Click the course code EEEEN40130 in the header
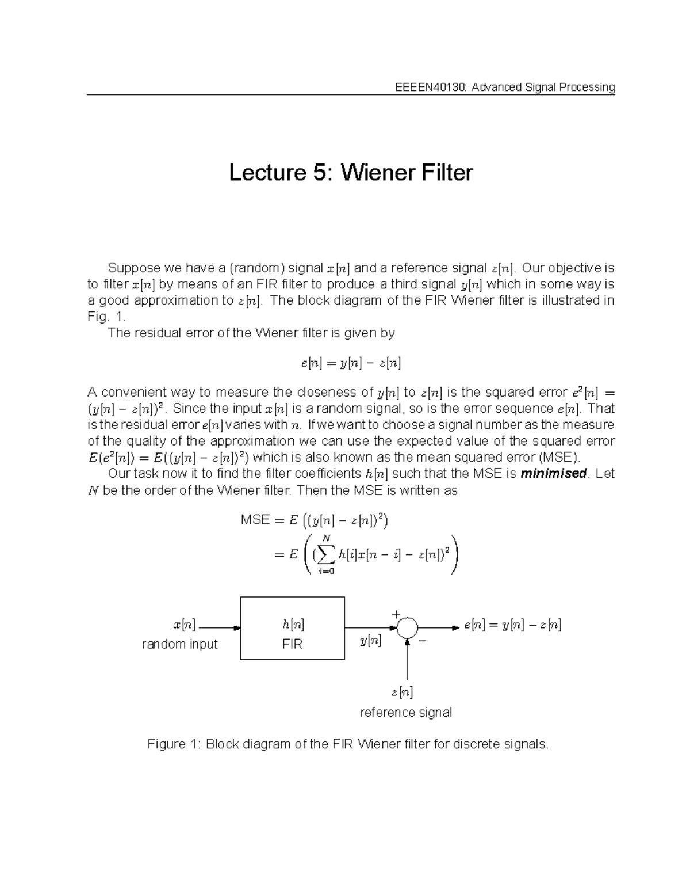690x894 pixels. (x=430, y=88)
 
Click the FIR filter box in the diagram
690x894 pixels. (x=292, y=628)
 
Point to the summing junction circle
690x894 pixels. (x=407, y=627)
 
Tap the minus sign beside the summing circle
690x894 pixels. (x=423, y=641)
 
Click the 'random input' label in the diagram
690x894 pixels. (x=179, y=644)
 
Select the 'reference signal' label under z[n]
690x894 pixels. (x=406, y=713)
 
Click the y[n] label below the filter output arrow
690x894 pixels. (x=370, y=640)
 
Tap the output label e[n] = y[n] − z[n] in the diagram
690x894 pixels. (x=512, y=625)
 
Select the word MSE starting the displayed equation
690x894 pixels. (x=255, y=520)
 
